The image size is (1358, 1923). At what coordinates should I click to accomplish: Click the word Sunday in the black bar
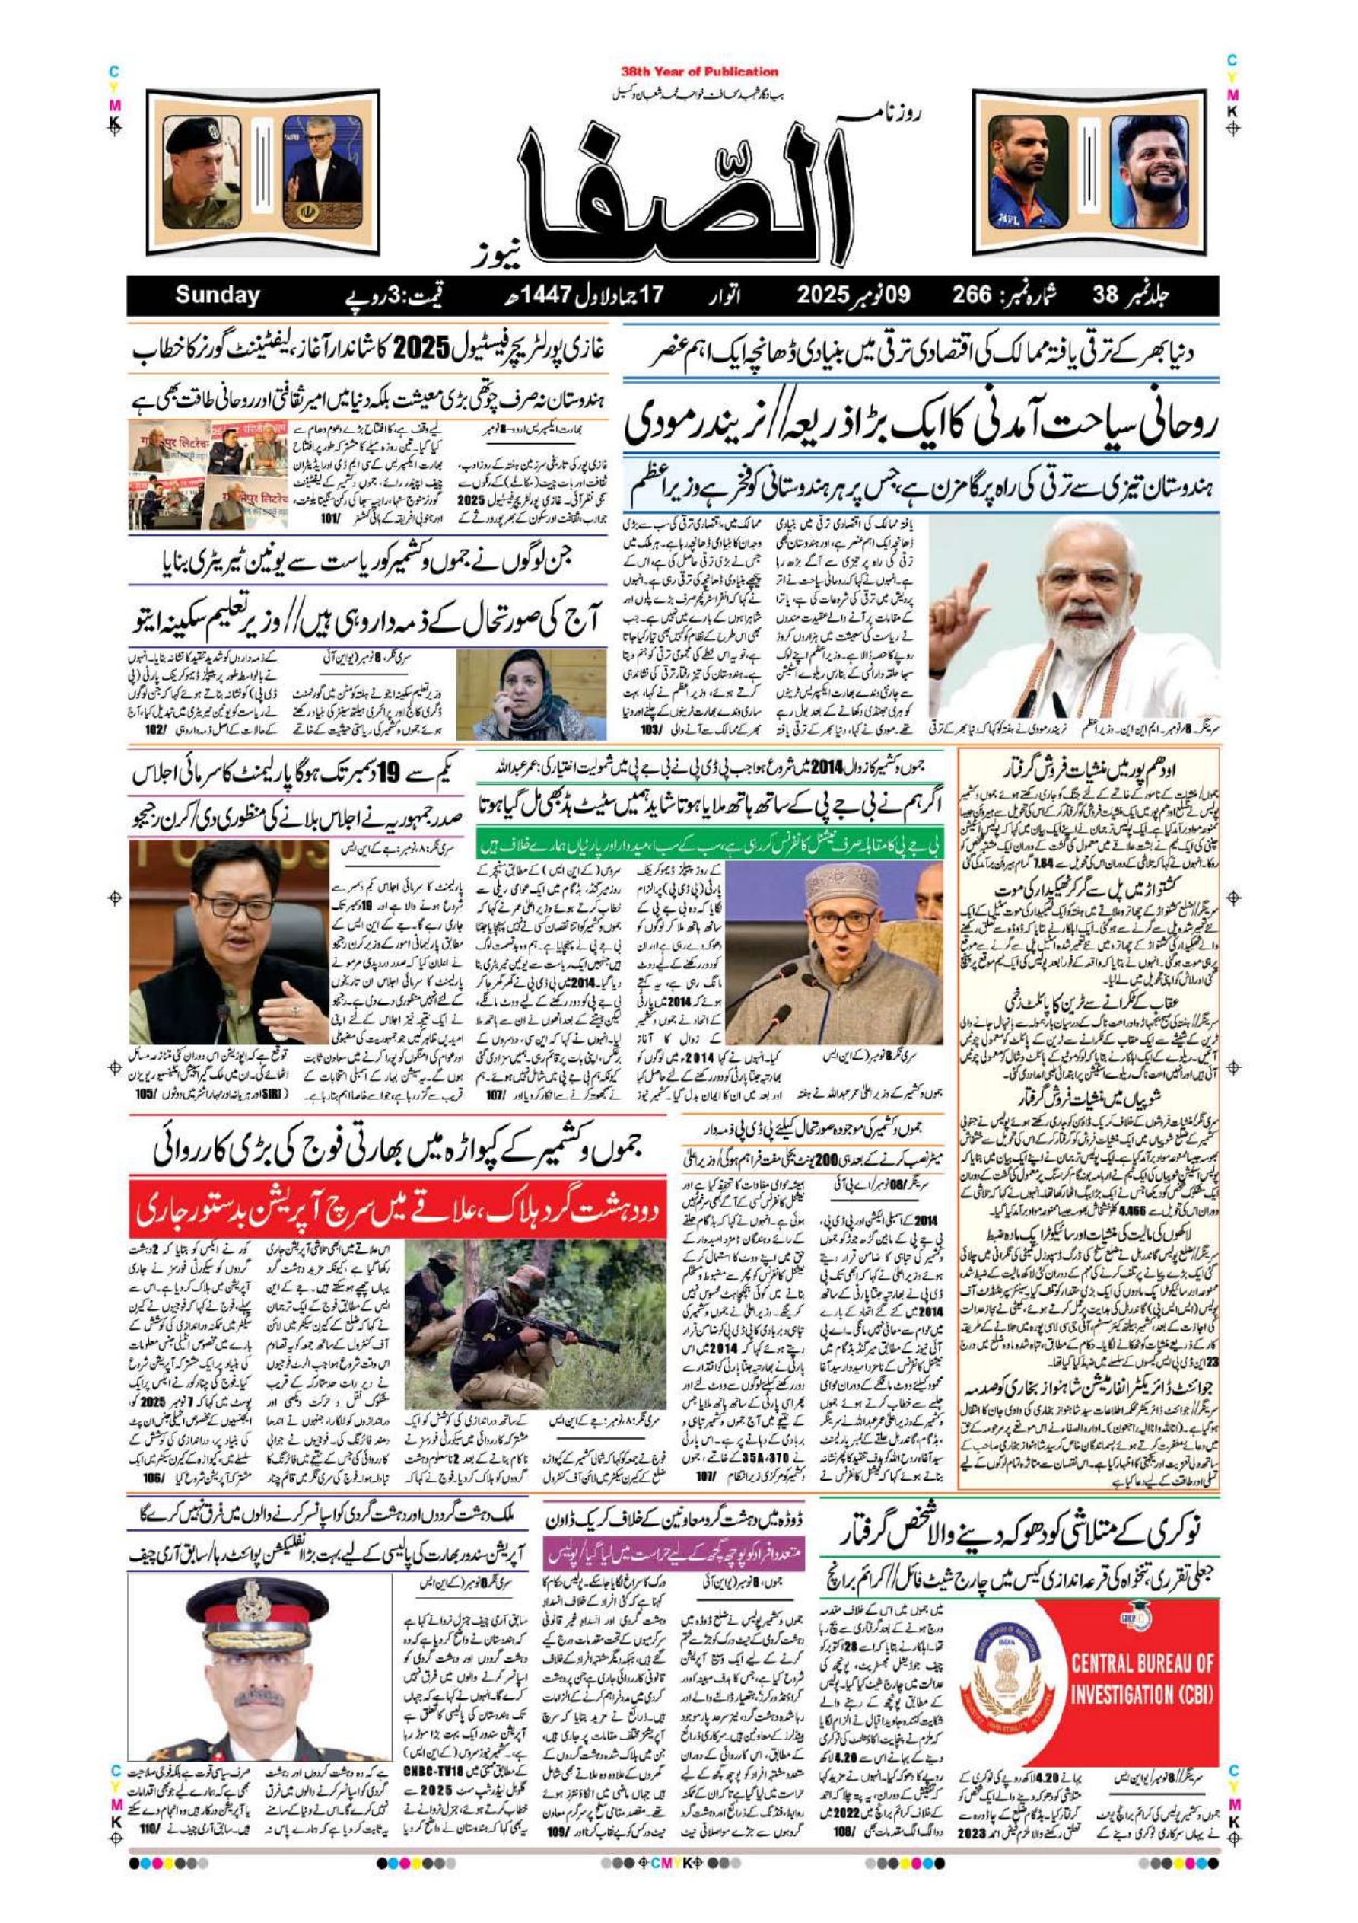(218, 295)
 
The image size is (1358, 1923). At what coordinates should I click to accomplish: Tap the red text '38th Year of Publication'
(700, 72)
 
